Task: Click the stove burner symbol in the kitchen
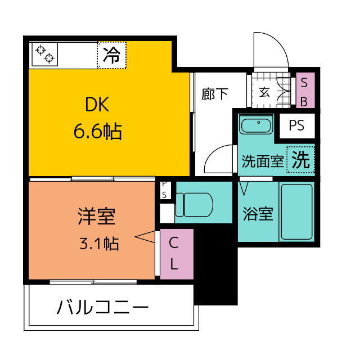[x=45, y=54]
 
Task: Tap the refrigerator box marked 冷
[x=112, y=55]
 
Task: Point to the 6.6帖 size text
[x=97, y=132]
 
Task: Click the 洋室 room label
[x=96, y=215]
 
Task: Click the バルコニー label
[x=103, y=308]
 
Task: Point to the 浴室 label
[x=258, y=214]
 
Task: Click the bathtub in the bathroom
[x=296, y=211]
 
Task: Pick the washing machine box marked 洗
[x=300, y=160]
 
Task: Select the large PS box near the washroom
[x=296, y=125]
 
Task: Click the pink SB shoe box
[x=304, y=91]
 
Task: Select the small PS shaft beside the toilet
[x=164, y=189]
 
